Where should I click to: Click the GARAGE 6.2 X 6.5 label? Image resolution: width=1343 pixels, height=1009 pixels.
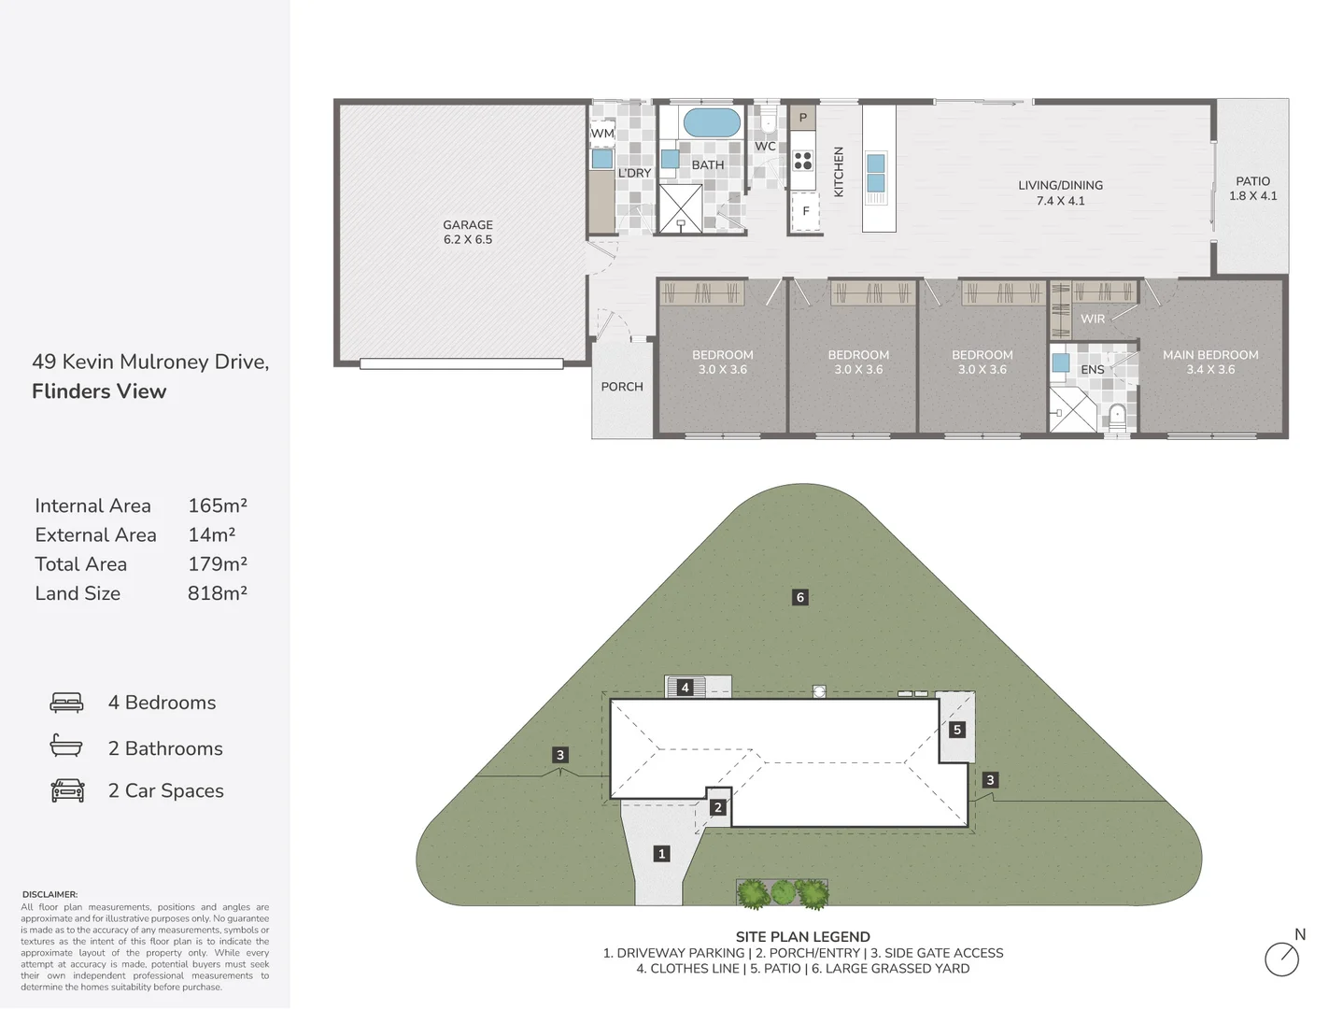pyautogui.click(x=468, y=232)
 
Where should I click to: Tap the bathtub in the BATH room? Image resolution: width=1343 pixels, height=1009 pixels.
pyautogui.click(x=712, y=122)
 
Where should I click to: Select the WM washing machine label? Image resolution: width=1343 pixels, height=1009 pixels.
pyautogui.click(x=602, y=134)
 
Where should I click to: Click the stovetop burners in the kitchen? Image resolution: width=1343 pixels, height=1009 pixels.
pyautogui.click(x=803, y=160)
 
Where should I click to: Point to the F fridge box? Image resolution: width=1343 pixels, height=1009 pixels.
pyautogui.click(x=805, y=211)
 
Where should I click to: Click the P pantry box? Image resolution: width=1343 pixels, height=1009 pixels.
pyautogui.click(x=802, y=118)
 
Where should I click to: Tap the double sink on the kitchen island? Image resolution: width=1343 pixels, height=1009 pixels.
pyautogui.click(x=876, y=173)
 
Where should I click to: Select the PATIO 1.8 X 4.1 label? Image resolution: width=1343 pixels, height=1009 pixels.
pyautogui.click(x=1252, y=188)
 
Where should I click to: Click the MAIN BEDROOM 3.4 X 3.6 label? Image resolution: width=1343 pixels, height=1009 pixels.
pyautogui.click(x=1210, y=362)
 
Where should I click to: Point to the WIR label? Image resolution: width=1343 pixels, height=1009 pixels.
pyautogui.click(x=1093, y=319)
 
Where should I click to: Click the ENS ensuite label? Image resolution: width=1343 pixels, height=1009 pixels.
pyautogui.click(x=1093, y=370)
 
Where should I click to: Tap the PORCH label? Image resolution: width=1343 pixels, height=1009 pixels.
pyautogui.click(x=622, y=387)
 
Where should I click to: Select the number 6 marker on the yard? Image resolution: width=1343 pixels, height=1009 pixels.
pyautogui.click(x=799, y=597)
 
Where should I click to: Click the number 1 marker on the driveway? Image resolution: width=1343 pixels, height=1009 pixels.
pyautogui.click(x=662, y=853)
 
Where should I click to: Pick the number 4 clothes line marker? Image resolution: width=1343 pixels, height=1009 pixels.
pyautogui.click(x=685, y=688)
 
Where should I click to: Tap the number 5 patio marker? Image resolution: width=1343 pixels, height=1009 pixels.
pyautogui.click(x=957, y=730)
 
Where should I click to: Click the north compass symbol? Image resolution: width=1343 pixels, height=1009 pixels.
pyautogui.click(x=1282, y=959)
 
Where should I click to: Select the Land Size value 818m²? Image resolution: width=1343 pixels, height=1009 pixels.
pyautogui.click(x=217, y=593)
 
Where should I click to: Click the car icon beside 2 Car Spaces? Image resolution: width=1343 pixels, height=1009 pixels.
pyautogui.click(x=67, y=790)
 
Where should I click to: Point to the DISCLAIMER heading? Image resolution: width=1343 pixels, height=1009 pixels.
pyautogui.click(x=49, y=894)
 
